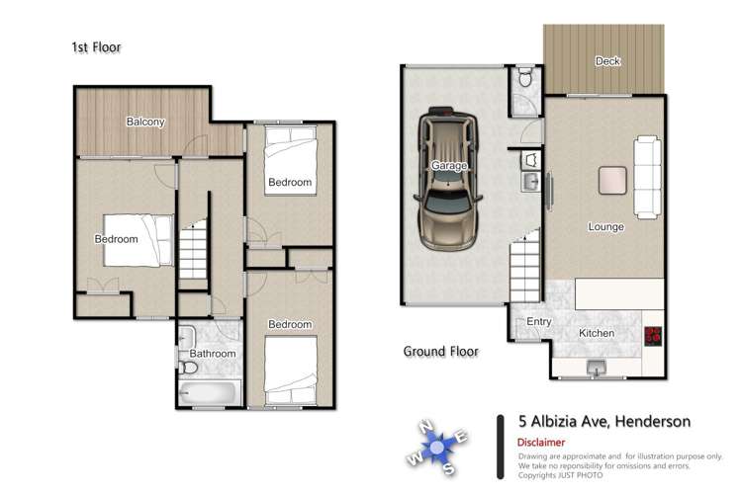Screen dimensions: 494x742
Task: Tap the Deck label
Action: (x=607, y=61)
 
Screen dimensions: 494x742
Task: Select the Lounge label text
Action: (x=605, y=226)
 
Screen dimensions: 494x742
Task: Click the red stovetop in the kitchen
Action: (x=654, y=334)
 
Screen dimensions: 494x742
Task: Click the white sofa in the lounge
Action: (x=648, y=179)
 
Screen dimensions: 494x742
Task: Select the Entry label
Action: (x=539, y=321)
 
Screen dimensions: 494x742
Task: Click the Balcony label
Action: (x=144, y=123)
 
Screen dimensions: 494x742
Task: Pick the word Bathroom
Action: (x=213, y=354)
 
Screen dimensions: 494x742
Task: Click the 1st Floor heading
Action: (x=96, y=46)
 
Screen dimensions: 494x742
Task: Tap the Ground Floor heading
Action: (x=440, y=351)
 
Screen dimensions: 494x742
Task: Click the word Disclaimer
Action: (x=545, y=443)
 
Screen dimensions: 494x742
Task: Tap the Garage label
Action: (x=448, y=166)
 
